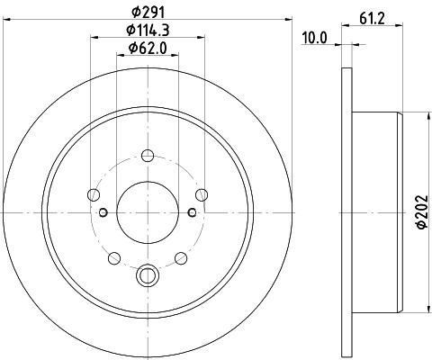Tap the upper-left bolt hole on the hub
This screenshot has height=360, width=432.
(93, 193)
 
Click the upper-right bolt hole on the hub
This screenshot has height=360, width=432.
(202, 193)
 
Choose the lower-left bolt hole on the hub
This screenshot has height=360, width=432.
(113, 258)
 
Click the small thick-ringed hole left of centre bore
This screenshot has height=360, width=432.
(103, 212)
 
